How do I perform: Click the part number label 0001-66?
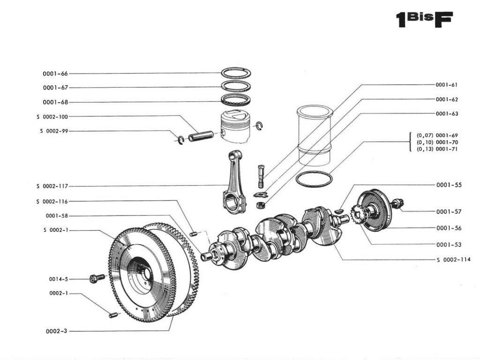[55, 74]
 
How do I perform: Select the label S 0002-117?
[52, 186]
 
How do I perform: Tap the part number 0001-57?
[449, 211]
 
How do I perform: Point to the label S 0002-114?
[453, 260]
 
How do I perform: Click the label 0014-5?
[59, 279]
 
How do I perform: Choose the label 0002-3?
[56, 331]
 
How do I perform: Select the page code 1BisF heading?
[425, 20]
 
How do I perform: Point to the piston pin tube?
[201, 136]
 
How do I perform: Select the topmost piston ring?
[236, 73]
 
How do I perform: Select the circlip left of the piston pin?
[180, 139]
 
